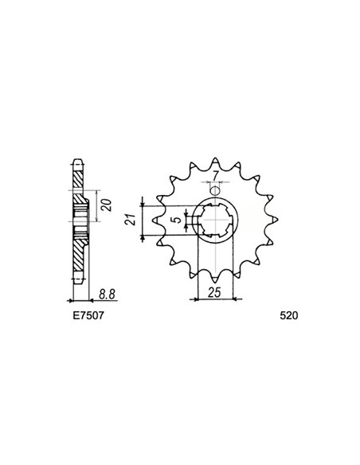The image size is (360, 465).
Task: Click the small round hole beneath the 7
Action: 213,189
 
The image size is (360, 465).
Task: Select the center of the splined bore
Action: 213,222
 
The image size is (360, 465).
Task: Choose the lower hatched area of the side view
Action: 78,259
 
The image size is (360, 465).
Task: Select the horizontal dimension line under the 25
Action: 213,300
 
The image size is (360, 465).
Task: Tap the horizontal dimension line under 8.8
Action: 100,301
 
